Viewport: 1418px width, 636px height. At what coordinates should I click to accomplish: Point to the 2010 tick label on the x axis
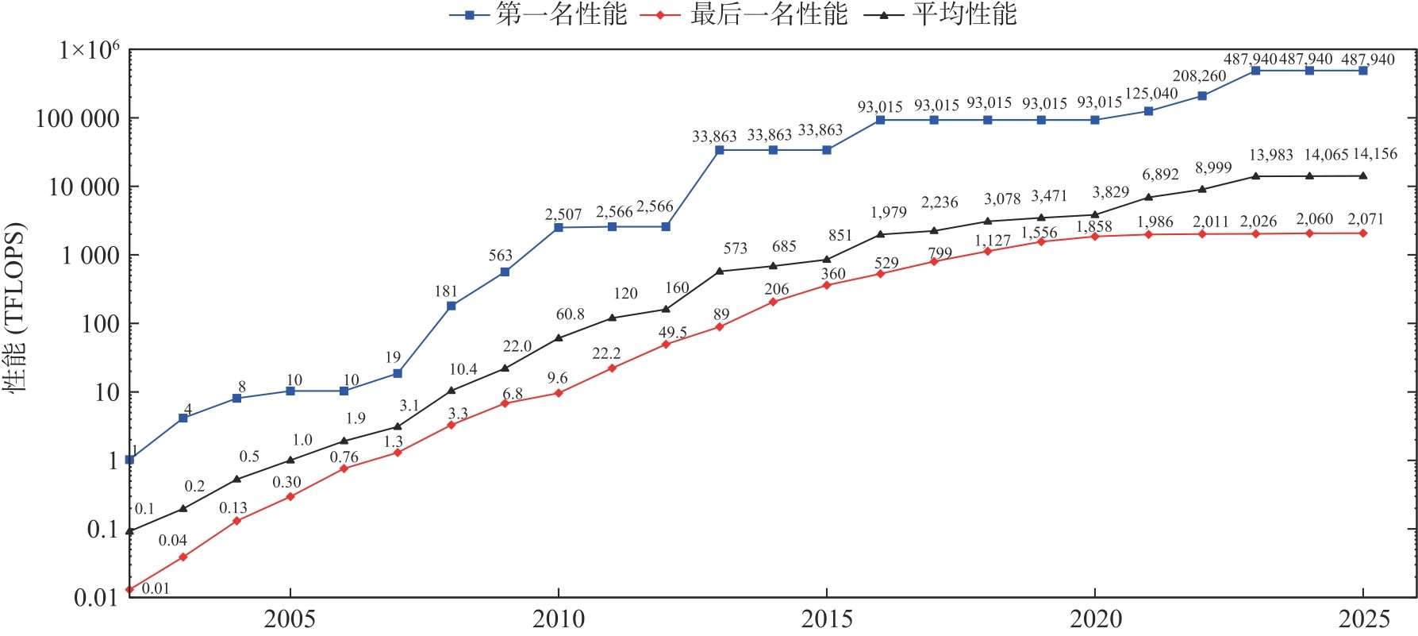558,619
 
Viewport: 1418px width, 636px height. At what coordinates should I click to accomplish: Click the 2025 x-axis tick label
1364,619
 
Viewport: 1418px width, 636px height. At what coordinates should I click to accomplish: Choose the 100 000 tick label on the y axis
77,119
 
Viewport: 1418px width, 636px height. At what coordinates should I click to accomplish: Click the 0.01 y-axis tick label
95,598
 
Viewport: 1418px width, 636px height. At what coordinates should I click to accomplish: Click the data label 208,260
1199,76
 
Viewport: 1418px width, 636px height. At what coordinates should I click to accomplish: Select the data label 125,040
1151,94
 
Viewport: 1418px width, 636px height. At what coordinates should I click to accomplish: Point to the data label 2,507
563,214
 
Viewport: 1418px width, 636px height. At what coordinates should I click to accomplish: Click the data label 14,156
1374,154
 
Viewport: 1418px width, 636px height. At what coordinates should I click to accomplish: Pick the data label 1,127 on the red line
993,241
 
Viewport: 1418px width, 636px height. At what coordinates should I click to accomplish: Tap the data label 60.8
570,314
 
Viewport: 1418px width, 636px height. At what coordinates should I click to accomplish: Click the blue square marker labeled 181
452,306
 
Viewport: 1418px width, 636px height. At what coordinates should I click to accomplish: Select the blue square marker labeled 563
505,272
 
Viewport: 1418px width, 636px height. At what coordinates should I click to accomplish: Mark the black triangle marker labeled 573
720,271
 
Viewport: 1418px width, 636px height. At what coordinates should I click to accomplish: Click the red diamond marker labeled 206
774,302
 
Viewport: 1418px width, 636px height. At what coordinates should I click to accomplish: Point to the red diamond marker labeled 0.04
183,557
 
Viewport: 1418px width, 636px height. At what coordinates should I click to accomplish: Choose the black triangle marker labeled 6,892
1149,197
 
